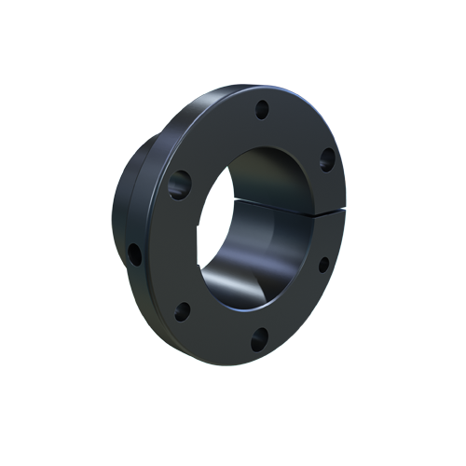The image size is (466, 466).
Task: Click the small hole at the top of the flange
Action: point(262,108)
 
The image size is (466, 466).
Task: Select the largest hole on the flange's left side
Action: point(180,184)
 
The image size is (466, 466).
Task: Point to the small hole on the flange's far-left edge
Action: point(136,253)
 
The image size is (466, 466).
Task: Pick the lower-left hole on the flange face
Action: point(183,310)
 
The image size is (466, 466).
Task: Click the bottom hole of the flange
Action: point(259,340)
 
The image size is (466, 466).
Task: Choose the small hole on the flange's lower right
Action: point(323,265)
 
